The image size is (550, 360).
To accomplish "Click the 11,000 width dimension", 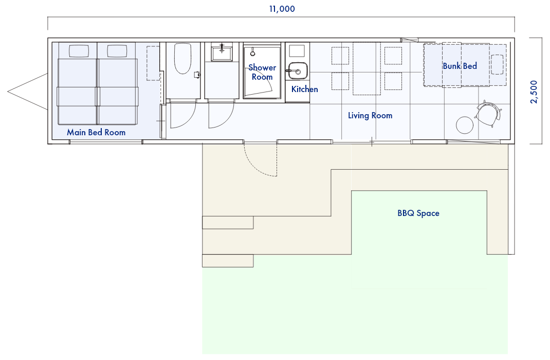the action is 282,9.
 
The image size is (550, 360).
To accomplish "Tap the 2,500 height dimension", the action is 534,92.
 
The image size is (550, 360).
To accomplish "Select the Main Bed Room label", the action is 96,132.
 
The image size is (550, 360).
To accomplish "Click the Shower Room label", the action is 262,72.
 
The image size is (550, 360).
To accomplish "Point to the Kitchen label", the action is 304,89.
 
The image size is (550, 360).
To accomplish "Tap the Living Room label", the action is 370,115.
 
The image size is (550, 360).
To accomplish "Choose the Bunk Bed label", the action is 460,66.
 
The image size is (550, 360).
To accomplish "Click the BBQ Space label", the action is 418,213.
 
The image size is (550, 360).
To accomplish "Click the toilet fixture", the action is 183,58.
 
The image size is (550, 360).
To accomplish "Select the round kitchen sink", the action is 298,71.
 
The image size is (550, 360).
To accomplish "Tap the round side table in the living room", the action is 464,125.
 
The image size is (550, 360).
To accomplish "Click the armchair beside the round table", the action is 488,113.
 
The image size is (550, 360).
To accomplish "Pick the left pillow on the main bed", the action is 79,51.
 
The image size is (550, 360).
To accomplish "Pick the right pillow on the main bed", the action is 117,51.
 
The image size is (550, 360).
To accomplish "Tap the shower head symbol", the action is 252,53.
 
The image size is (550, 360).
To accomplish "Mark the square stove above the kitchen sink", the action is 297,50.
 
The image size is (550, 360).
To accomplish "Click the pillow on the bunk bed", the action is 497,65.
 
